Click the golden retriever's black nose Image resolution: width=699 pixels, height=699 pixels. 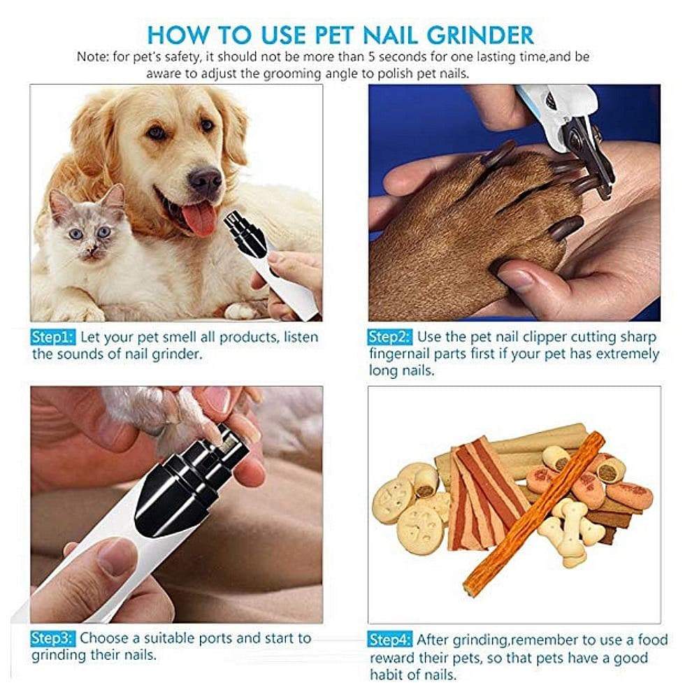[205, 180]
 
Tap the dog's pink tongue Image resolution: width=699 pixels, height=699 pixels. [200, 218]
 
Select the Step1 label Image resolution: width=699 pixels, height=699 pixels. [52, 338]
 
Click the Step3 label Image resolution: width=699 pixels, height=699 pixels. [52, 638]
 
